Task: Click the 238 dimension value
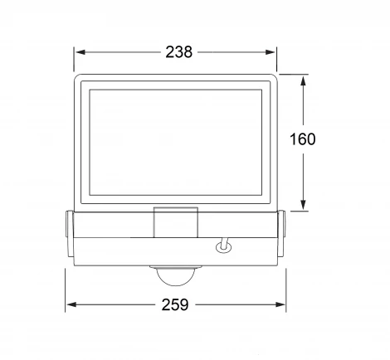click(178, 52)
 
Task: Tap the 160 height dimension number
click(302, 139)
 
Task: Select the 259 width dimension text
click(175, 304)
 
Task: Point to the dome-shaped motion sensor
click(176, 276)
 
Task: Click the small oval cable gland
click(223, 247)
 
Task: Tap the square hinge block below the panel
click(176, 222)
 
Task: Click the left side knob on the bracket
click(70, 234)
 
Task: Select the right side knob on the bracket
click(281, 234)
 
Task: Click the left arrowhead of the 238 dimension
click(80, 52)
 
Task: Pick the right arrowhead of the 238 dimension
click(271, 52)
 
